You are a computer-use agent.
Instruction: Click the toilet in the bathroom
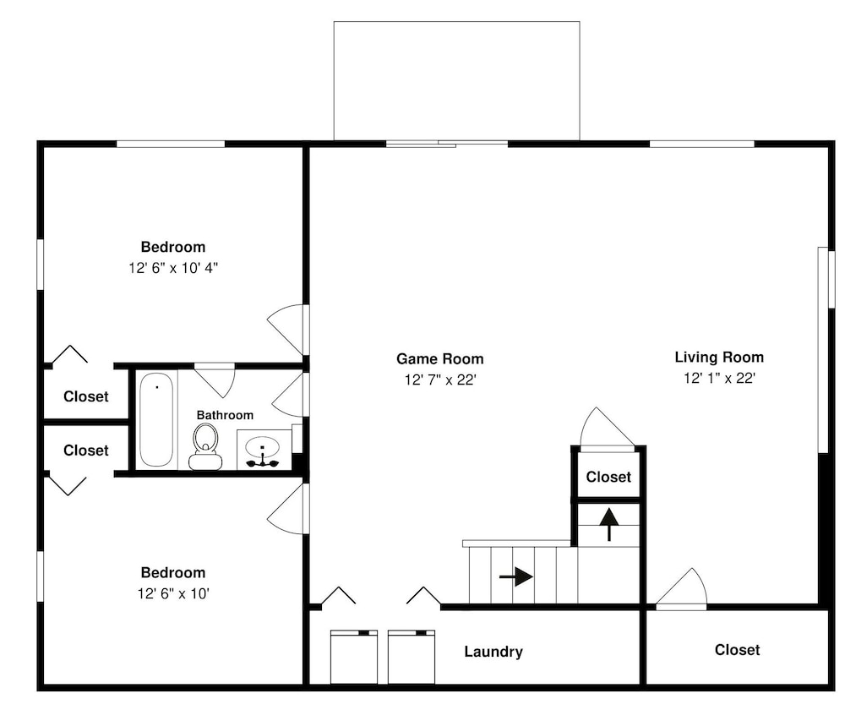tap(205, 447)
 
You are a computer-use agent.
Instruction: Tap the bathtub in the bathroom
tap(156, 419)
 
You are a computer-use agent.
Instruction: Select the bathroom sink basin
tap(263, 447)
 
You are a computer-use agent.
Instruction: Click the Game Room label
tap(439, 358)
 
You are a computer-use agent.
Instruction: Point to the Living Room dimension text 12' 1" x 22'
tap(719, 378)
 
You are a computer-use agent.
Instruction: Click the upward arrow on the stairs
tap(609, 524)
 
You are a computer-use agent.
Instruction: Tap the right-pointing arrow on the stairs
tap(516, 576)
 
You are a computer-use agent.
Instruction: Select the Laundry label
tap(493, 651)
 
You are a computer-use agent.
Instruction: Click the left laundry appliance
tap(353, 657)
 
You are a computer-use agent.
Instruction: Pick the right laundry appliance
tap(412, 657)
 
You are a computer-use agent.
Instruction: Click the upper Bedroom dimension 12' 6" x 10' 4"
tap(173, 267)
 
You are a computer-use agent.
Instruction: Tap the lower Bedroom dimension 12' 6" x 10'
tap(173, 593)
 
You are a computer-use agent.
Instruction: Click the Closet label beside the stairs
tap(608, 477)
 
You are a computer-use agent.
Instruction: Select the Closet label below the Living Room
tap(737, 650)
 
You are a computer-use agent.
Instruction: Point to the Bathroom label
tap(225, 414)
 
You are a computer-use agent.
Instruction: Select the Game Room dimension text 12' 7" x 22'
tap(440, 380)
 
